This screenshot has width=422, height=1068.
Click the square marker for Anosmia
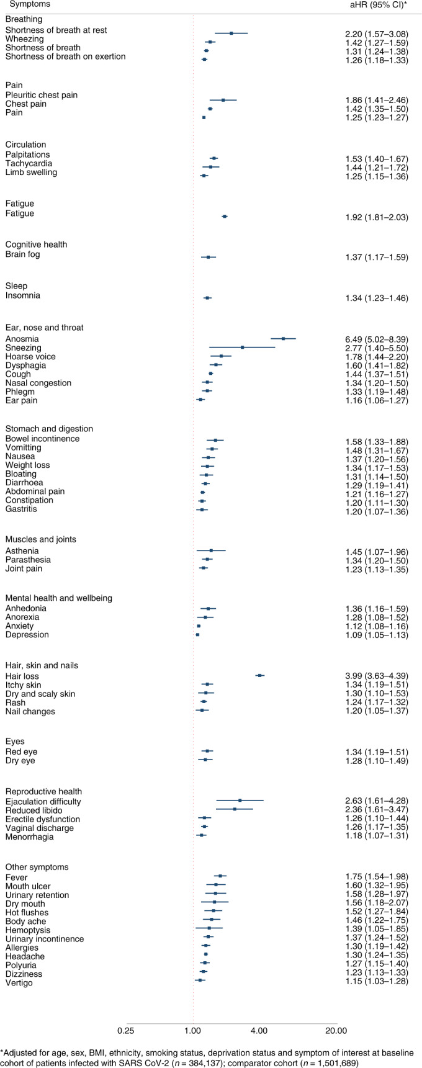point(283,339)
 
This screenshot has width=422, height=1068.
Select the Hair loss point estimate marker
point(259,675)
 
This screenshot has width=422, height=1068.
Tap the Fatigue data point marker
point(225,217)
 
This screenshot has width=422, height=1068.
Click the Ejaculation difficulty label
point(43,801)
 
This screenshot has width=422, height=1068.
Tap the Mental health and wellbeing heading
point(58,598)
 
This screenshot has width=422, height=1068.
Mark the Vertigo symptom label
point(19,983)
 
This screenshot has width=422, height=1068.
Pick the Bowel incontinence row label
point(42,439)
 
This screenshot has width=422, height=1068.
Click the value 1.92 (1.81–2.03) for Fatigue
point(377,218)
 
